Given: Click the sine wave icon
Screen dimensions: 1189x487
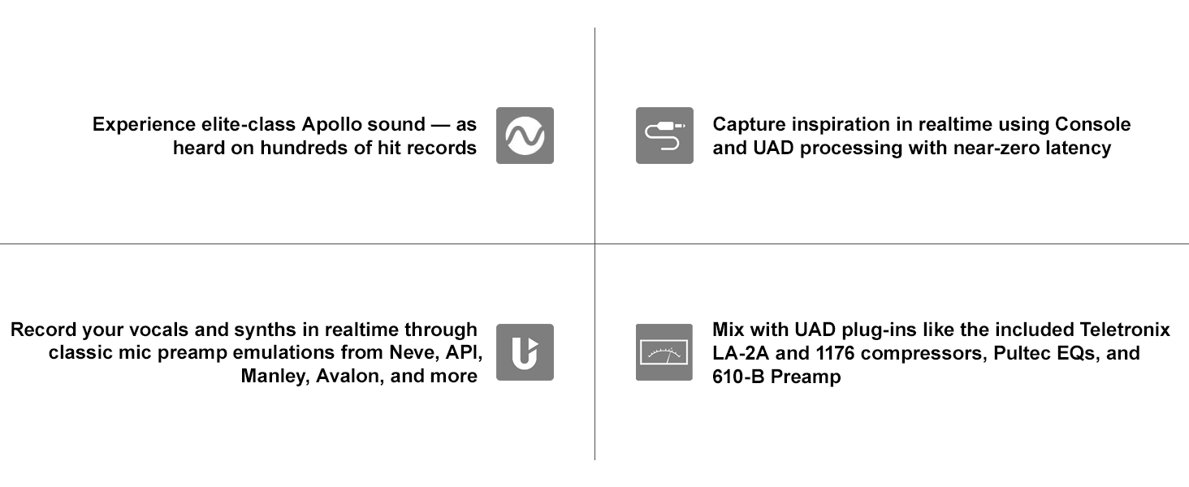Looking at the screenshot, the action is pos(525,136).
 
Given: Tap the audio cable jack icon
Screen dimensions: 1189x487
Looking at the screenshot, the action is pos(664,136).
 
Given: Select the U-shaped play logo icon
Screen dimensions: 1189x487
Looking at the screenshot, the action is pos(525,352).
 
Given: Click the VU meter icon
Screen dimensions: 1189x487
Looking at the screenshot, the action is pos(664,352).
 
